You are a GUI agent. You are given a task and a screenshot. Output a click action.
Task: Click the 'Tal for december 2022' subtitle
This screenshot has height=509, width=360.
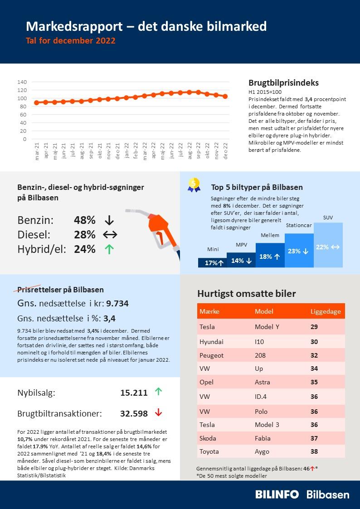coord(71,41)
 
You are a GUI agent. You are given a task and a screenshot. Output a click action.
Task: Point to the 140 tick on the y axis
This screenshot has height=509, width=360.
coord(22,82)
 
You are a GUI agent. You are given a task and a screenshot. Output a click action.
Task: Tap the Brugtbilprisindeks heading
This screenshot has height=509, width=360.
coord(283,83)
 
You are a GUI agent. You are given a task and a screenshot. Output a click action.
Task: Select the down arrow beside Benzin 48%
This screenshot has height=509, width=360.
coord(109,220)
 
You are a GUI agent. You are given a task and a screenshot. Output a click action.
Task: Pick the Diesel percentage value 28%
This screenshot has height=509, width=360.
coord(85,235)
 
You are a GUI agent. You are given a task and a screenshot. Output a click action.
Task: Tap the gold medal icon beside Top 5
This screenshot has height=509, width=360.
coord(194,184)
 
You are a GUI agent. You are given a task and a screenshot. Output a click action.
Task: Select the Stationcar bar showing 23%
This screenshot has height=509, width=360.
coord(299,251)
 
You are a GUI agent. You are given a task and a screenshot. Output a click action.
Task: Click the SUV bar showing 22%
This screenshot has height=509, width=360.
coord(328,245)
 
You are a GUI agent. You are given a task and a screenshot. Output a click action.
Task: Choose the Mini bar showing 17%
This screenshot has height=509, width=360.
coord(212,263)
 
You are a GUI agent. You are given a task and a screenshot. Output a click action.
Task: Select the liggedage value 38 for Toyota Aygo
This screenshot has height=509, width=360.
coord(314,451)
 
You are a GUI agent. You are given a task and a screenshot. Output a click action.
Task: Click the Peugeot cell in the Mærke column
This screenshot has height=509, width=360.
coord(211,356)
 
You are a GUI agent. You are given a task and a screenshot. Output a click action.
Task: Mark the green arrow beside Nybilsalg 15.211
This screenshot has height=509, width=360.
coord(158,392)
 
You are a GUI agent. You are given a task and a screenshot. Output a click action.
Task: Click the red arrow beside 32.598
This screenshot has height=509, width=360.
coord(158,412)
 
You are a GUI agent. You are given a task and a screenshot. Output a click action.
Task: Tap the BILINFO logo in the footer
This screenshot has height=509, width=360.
coord(277,494)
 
